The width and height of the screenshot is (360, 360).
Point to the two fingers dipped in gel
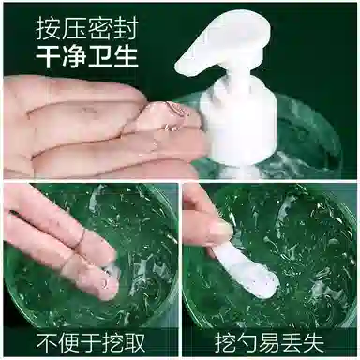pyautogui.click(x=70, y=248)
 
